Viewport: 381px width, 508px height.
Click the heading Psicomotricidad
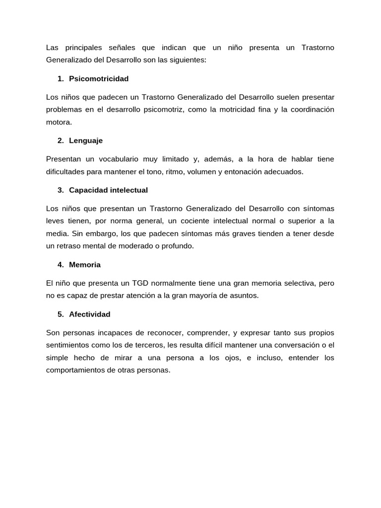pos(99,78)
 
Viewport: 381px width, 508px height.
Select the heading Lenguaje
pos(86,140)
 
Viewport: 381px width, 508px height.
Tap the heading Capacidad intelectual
pos(108,190)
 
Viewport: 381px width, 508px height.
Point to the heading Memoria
pos(85,264)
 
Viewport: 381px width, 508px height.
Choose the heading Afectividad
pos(90,314)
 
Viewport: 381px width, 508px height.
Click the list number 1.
pos(60,78)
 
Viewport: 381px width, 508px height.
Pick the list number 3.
pos(60,190)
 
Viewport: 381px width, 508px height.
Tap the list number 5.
pos(60,314)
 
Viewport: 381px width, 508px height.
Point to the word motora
pos(59,122)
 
